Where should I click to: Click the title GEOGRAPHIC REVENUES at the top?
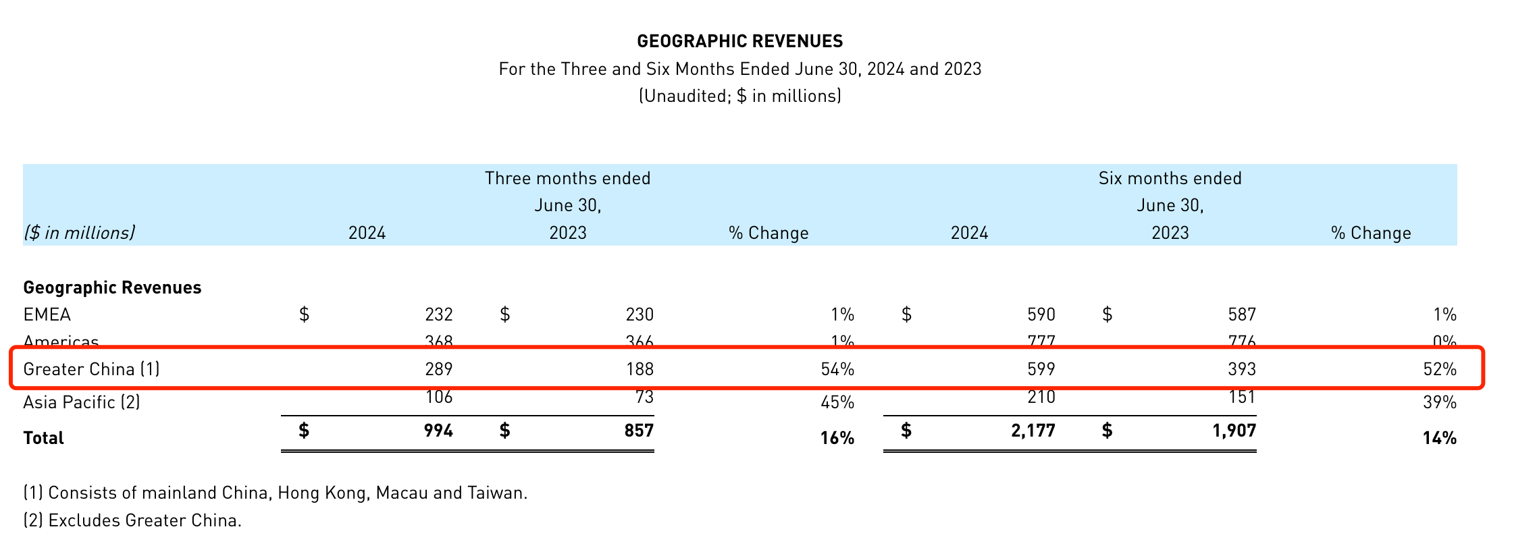pyautogui.click(x=739, y=41)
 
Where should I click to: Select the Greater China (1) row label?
pyautogui.click(x=91, y=369)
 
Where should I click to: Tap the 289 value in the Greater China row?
pyautogui.click(x=439, y=369)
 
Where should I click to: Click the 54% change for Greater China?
pyautogui.click(x=837, y=369)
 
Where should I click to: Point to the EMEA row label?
pyautogui.click(x=47, y=314)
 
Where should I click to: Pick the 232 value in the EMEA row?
pyautogui.click(x=439, y=314)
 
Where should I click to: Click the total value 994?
pyautogui.click(x=439, y=431)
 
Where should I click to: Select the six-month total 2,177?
pyautogui.click(x=1033, y=431)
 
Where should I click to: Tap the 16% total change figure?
pyautogui.click(x=837, y=439)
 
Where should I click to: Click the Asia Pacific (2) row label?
pyautogui.click(x=82, y=403)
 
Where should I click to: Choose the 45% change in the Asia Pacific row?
pyautogui.click(x=837, y=403)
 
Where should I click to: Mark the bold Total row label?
pyautogui.click(x=43, y=439)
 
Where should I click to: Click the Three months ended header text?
pyautogui.click(x=567, y=178)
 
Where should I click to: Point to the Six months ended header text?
pyautogui.click(x=1170, y=178)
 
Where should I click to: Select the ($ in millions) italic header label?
pyautogui.click(x=79, y=233)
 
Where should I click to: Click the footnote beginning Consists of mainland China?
pyautogui.click(x=276, y=493)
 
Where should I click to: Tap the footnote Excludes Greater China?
pyautogui.click(x=132, y=521)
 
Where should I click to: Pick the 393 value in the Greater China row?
pyautogui.click(x=1242, y=369)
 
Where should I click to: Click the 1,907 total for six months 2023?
pyautogui.click(x=1234, y=431)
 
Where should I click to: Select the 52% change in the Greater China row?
pyautogui.click(x=1440, y=369)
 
